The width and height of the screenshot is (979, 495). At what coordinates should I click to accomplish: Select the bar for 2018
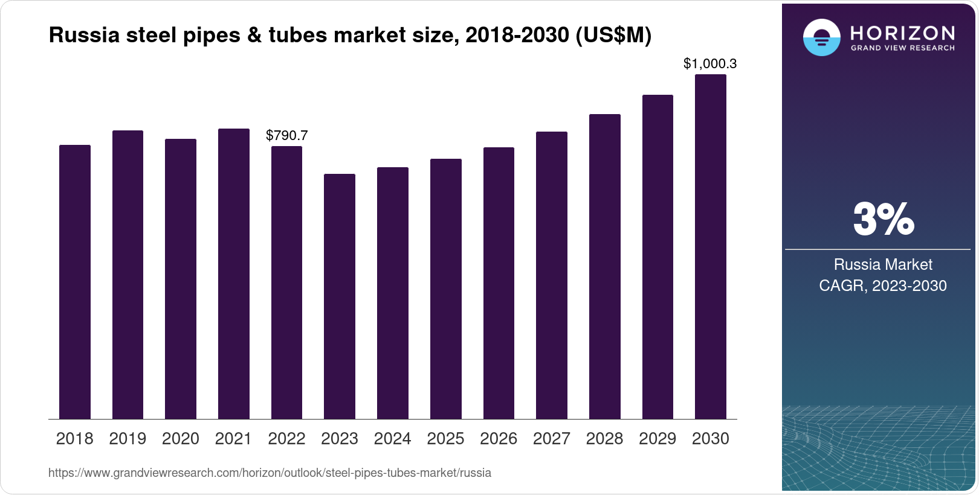coord(75,282)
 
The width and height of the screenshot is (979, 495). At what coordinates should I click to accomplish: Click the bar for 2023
coord(340,296)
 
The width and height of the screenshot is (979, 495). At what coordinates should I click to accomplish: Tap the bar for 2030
coord(711,247)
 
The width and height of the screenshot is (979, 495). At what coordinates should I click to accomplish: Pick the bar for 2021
coord(234,274)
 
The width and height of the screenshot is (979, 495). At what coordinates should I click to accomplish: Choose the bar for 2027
coord(552,275)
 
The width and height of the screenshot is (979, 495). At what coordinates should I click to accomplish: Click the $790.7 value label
coord(287,135)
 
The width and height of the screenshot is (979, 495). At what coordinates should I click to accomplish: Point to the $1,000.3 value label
coord(710,63)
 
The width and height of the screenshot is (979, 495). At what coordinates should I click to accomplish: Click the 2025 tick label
coord(445,439)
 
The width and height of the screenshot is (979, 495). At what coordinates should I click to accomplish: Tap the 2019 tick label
coord(128,439)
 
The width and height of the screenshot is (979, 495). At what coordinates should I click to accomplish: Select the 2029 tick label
coord(658,439)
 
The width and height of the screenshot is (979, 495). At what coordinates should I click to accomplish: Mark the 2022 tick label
coord(286,439)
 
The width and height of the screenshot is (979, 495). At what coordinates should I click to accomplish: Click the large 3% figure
coord(883,219)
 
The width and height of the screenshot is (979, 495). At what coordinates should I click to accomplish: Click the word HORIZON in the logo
coord(902,33)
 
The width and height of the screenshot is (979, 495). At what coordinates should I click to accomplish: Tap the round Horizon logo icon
coord(822,37)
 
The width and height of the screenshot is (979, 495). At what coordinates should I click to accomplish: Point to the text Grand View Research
coord(902,48)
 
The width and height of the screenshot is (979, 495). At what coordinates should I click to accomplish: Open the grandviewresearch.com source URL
coord(270,473)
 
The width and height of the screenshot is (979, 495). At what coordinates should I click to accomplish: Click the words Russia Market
coord(883,264)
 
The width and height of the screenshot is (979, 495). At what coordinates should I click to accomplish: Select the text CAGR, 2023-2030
coord(883,286)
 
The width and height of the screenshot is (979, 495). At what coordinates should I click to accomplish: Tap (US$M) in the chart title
coord(613,35)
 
